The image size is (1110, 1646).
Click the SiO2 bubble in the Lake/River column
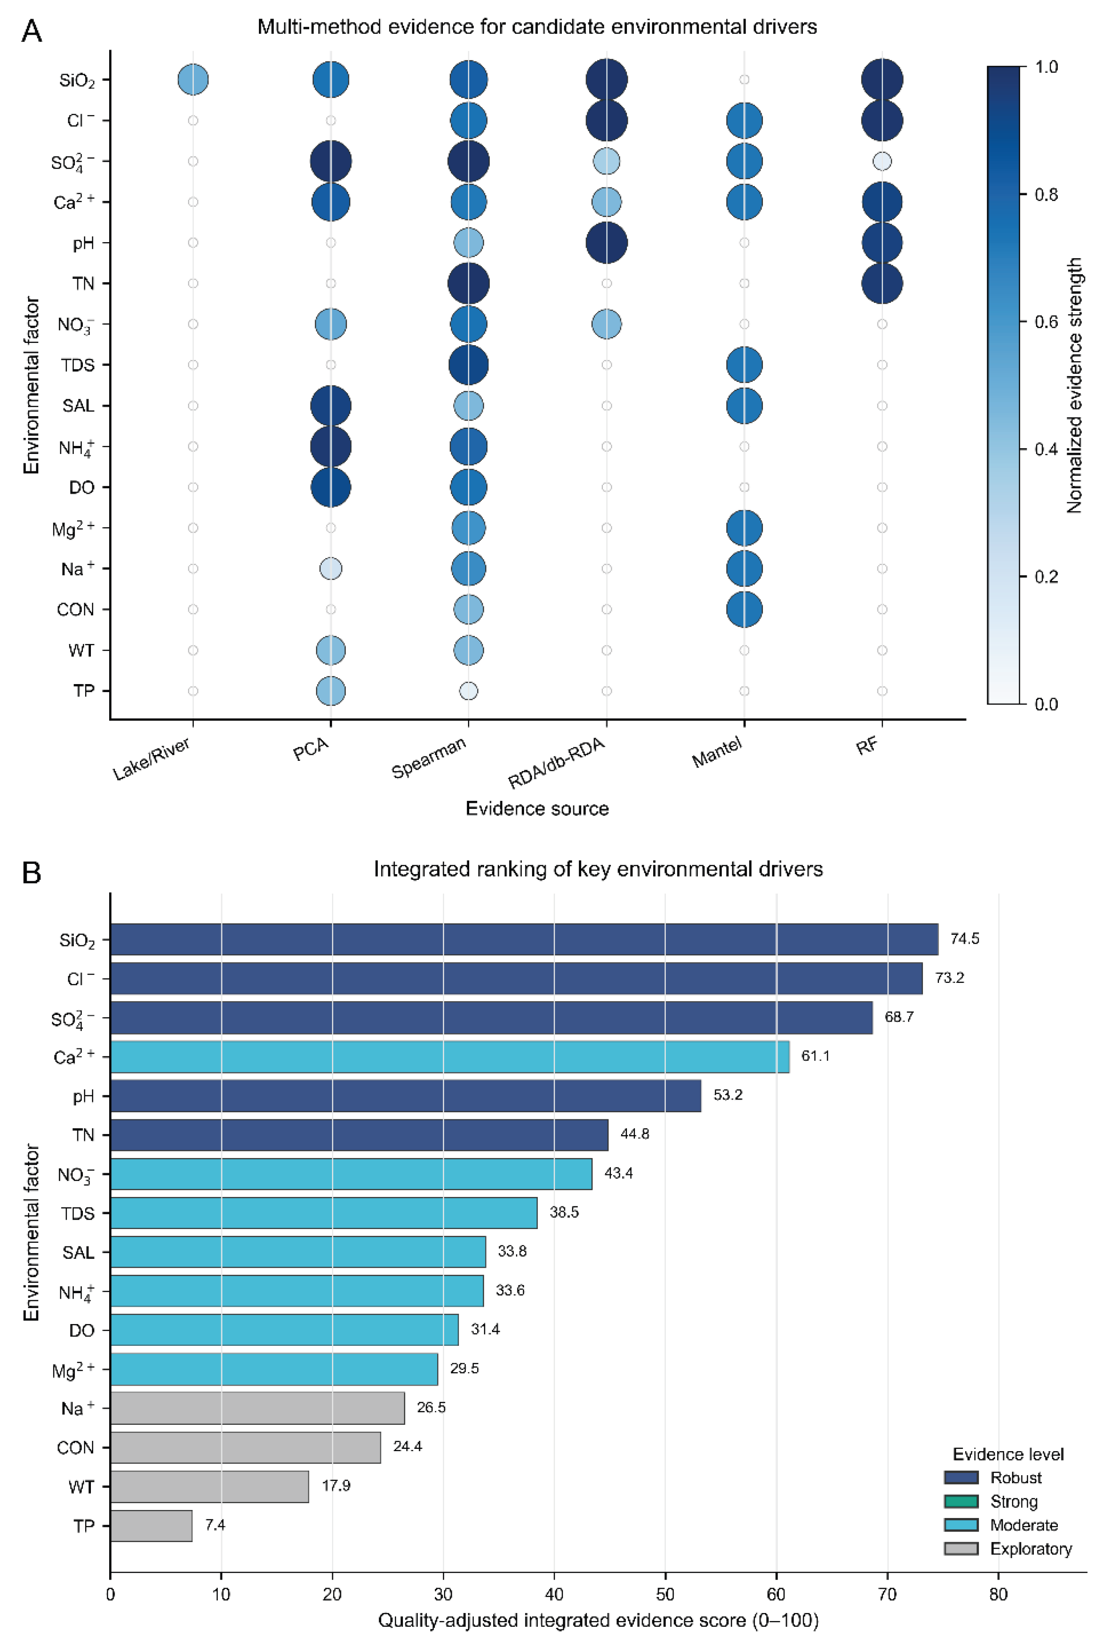193,79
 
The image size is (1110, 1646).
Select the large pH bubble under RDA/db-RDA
606,243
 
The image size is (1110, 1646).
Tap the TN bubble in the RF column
882,283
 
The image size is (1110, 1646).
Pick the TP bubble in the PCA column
331,691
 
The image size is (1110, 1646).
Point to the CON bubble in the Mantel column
744,609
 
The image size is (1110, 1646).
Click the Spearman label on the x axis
429,757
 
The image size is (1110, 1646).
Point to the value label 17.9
336,1486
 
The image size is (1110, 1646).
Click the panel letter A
32,31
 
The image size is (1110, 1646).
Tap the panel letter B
32,873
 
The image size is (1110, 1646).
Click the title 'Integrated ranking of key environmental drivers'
598,869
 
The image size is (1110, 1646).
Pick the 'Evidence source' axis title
537,809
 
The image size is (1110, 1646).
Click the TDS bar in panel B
324,1213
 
